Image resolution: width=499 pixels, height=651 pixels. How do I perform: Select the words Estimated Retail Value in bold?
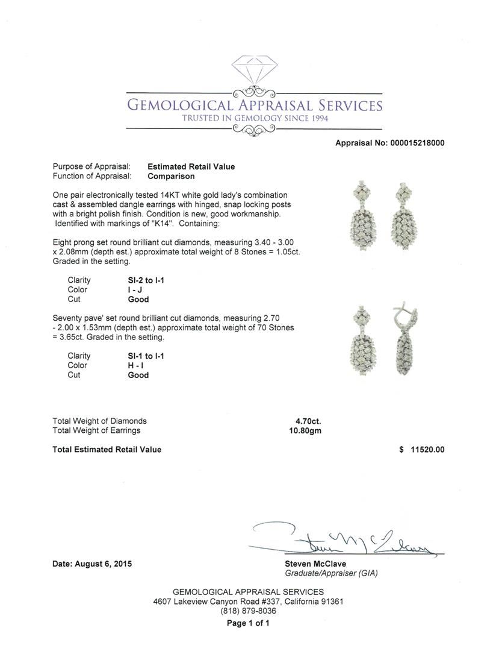tap(191, 166)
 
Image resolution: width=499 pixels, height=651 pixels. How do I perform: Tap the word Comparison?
tap(171, 176)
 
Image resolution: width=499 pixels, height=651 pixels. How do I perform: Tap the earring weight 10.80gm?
tap(305, 430)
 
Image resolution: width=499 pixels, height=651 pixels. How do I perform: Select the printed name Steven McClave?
tap(315, 564)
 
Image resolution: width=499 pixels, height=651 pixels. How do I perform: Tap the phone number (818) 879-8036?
tap(249, 611)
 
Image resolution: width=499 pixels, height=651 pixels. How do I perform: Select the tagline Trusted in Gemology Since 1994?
tap(255, 118)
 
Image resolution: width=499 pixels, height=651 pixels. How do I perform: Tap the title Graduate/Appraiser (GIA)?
tap(331, 573)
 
